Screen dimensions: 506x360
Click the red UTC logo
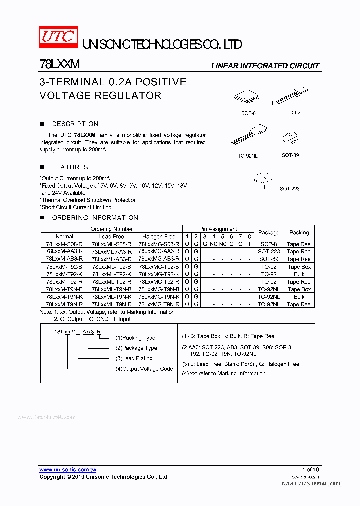[58, 37]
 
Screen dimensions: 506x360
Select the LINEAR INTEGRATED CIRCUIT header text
[265, 66]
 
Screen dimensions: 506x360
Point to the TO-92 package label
[293, 113]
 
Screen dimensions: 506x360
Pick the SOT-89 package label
[290, 155]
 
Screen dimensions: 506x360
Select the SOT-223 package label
[289, 189]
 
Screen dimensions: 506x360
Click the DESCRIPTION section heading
[75, 124]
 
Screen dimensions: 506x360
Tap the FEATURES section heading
[70, 167]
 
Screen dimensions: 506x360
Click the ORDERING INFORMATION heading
[95, 218]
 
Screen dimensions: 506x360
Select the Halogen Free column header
[159, 236]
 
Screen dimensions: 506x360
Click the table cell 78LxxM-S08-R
[64, 244]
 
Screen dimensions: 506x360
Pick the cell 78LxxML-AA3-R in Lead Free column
[112, 252]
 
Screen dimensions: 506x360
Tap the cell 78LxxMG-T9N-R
[159, 304]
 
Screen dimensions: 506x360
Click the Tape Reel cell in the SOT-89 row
[299, 259]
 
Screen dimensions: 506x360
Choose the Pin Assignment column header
[218, 229]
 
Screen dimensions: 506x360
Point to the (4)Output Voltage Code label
[144, 369]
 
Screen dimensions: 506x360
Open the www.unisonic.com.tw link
[68, 470]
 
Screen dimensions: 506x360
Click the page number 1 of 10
[310, 470]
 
